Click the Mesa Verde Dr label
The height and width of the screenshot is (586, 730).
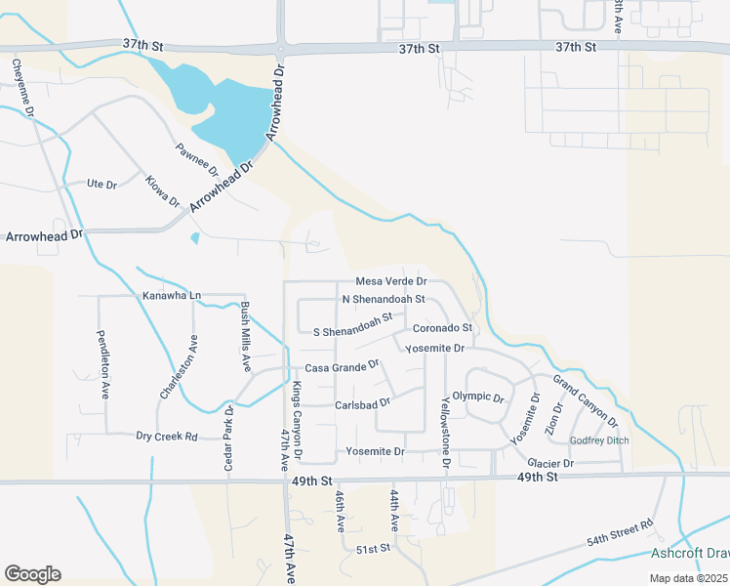(392, 281)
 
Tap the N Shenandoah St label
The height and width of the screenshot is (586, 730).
(384, 299)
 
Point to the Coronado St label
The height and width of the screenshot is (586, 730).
(442, 328)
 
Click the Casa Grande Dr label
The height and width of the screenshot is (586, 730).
(342, 367)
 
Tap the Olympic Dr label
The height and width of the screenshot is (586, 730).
(477, 398)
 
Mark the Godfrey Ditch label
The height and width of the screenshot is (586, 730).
(599, 440)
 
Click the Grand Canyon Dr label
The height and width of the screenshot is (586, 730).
(586, 401)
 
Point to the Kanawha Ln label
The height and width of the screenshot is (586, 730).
(171, 295)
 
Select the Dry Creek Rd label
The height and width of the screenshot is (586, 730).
(167, 437)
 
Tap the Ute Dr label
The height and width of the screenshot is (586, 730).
(101, 184)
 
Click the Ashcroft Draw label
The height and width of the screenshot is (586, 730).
(690, 554)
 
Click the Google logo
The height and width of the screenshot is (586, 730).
(32, 574)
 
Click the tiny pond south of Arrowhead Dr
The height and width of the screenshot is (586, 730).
(195, 237)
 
